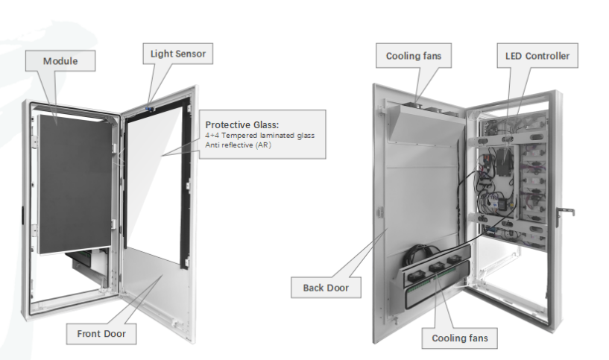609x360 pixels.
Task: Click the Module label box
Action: (x=60, y=60)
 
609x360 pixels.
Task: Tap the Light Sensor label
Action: (x=177, y=54)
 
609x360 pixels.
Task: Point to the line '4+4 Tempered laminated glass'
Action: (x=260, y=135)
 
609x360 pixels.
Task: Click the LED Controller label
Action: (x=537, y=56)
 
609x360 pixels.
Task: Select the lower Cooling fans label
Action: (x=460, y=338)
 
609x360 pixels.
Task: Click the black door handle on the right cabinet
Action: (x=567, y=212)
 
